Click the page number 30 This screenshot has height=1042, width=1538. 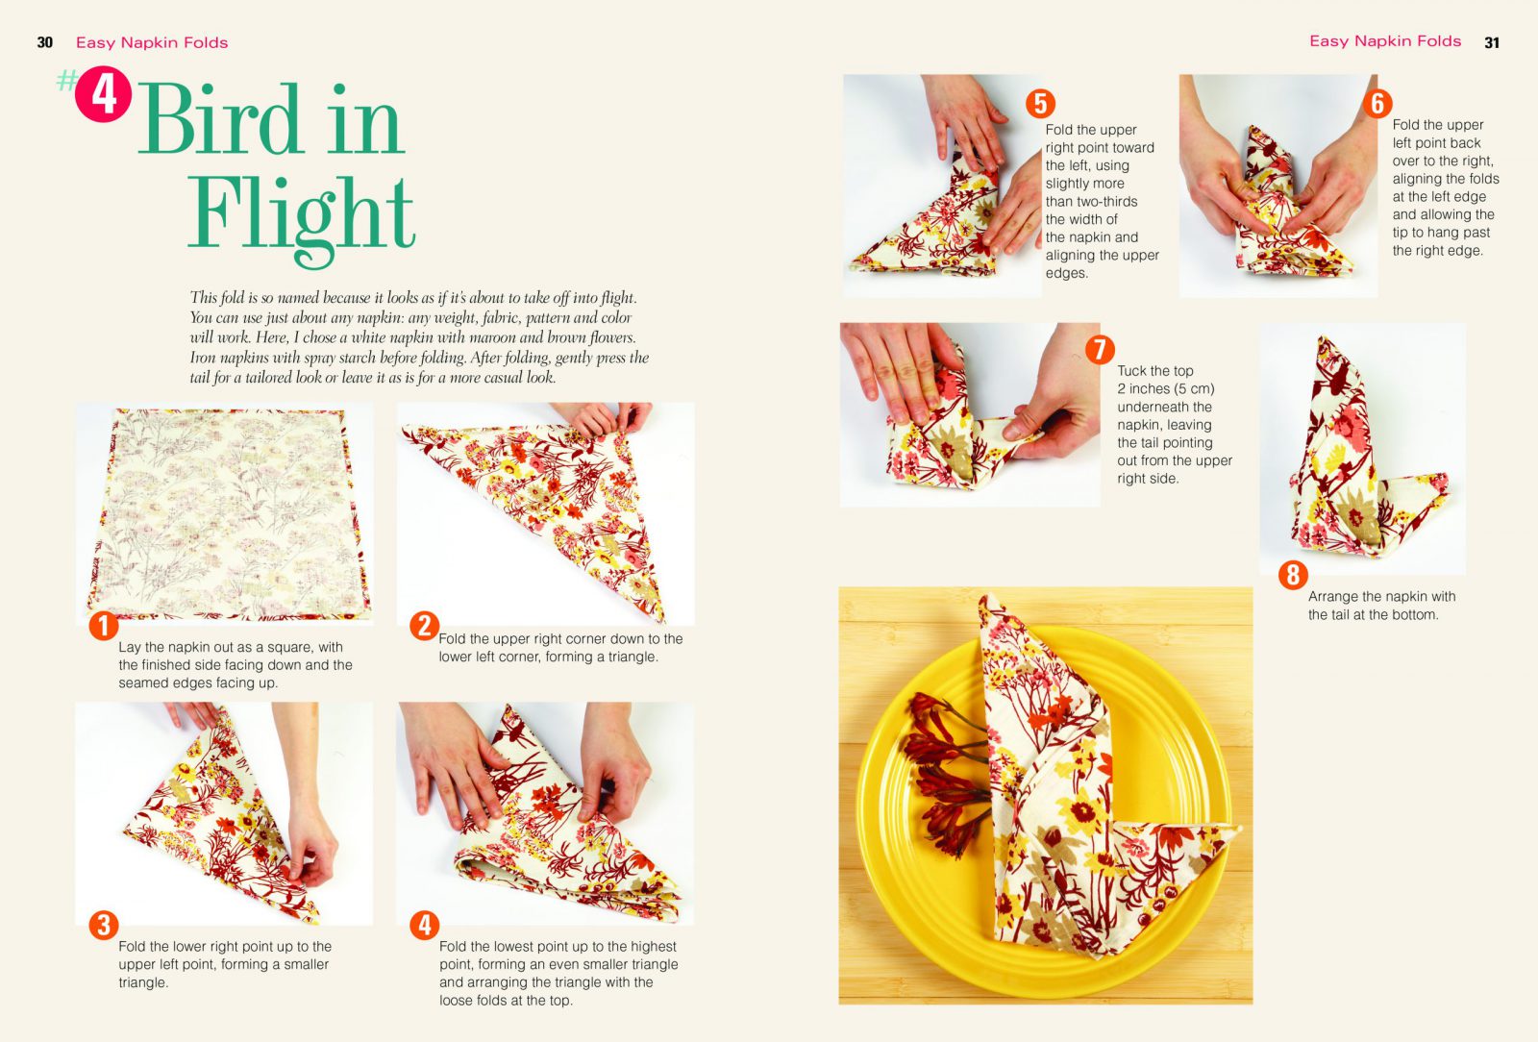click(44, 42)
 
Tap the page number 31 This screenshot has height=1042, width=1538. click(1491, 42)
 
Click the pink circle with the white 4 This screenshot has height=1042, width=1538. click(103, 94)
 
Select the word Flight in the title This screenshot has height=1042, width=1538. click(301, 216)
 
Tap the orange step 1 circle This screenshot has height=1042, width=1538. click(104, 626)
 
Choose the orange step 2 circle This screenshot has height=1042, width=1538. click(424, 626)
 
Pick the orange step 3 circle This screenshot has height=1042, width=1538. click(104, 925)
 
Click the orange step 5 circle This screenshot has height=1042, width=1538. click(1040, 104)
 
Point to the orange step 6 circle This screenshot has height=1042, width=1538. click(1377, 104)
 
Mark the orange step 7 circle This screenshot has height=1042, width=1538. click(1100, 349)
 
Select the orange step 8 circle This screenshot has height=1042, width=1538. click(1293, 575)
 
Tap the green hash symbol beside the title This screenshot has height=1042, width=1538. click(66, 81)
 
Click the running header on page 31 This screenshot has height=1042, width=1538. click(1385, 41)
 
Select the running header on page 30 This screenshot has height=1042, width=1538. click(152, 42)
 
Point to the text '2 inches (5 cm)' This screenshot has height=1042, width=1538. click(1166, 388)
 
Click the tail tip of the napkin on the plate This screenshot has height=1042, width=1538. click(1239, 828)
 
